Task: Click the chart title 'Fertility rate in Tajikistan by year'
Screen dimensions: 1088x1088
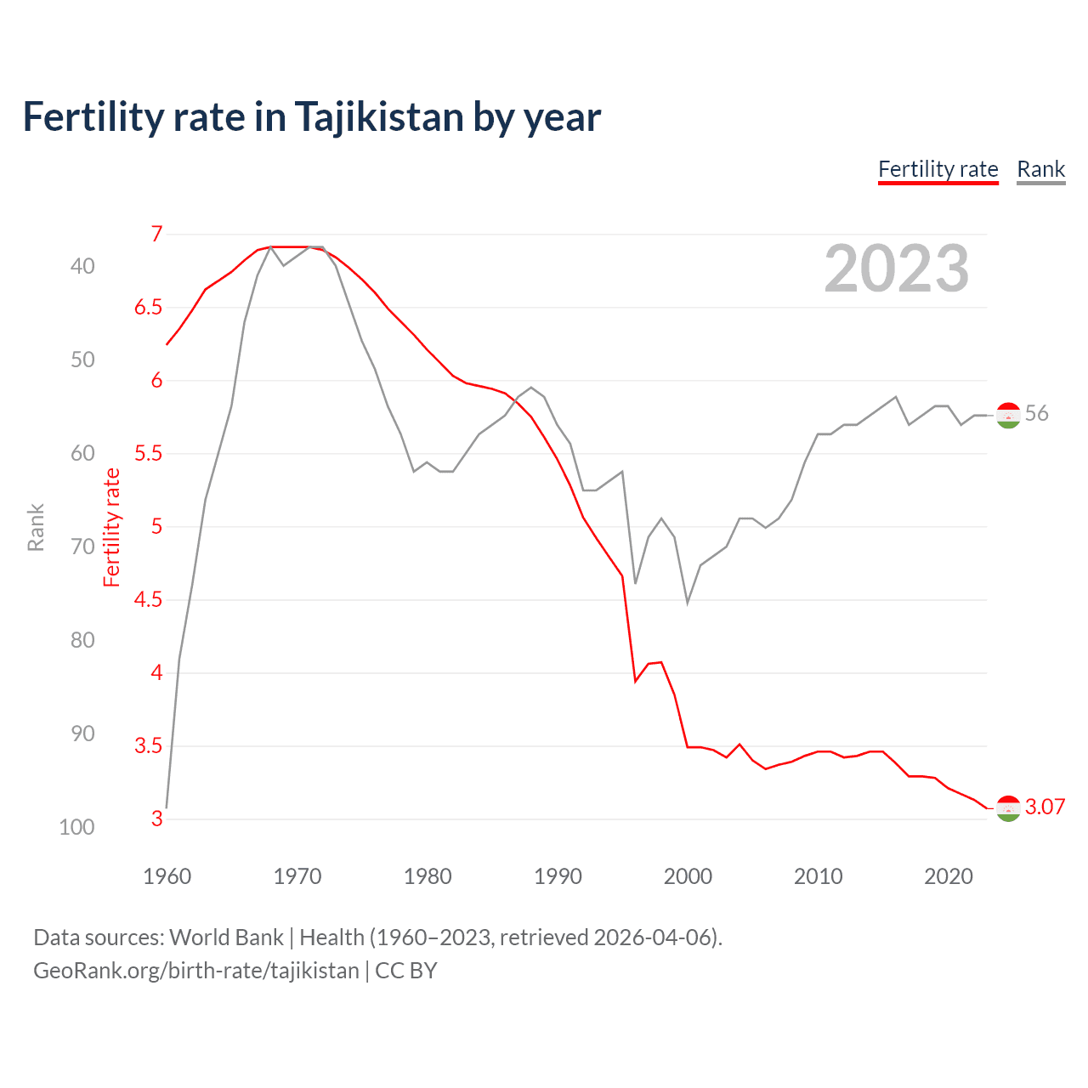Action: coord(311,117)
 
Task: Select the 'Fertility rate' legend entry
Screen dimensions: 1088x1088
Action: coord(938,169)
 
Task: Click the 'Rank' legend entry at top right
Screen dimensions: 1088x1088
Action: coord(1040,169)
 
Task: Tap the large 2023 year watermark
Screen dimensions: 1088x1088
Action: coord(896,269)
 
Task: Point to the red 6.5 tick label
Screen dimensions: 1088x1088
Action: coord(148,307)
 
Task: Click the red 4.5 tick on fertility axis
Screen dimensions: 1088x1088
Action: coord(148,599)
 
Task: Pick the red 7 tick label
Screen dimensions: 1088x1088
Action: coord(156,234)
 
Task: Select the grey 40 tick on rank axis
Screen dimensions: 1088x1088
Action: coord(82,266)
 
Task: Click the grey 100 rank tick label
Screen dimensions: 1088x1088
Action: coord(76,827)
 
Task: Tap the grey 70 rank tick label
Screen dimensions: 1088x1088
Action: coord(82,547)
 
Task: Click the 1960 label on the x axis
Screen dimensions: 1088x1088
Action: coord(167,876)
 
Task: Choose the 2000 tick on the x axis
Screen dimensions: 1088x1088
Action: coord(688,876)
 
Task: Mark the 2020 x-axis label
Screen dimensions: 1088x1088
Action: coord(948,876)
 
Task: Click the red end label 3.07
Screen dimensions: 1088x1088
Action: coord(1045,807)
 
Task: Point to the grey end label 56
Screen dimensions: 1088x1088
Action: coord(1036,414)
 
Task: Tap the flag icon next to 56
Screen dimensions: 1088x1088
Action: coord(1008,415)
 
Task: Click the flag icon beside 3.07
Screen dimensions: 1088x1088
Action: coord(1008,808)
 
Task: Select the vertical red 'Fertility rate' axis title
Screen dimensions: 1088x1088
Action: coord(111,527)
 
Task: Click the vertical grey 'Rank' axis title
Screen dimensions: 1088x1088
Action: coord(36,527)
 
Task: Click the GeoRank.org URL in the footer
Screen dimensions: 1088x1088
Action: coord(196,971)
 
